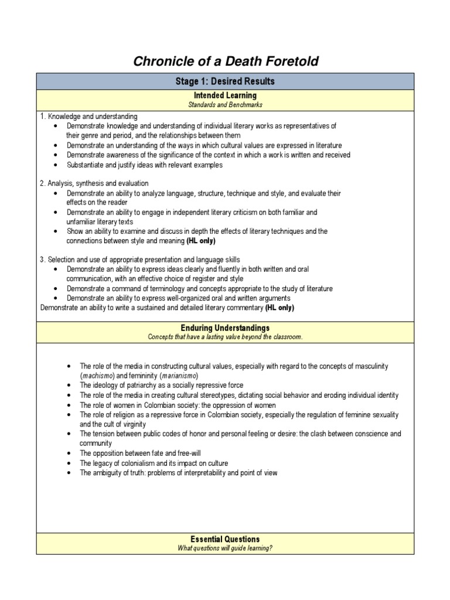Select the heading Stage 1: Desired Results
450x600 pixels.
(x=225, y=81)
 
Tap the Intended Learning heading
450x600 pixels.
(x=225, y=96)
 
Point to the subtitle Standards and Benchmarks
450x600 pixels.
(x=225, y=104)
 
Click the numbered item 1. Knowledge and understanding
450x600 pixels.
(x=88, y=117)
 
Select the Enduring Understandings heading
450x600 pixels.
(x=225, y=328)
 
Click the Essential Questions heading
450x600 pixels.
(x=225, y=539)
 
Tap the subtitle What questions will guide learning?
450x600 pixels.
(x=225, y=548)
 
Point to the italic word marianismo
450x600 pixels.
(x=179, y=376)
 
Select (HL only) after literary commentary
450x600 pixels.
(x=279, y=308)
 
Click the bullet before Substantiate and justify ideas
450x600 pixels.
(x=54, y=165)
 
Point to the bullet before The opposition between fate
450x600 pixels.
(x=69, y=454)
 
